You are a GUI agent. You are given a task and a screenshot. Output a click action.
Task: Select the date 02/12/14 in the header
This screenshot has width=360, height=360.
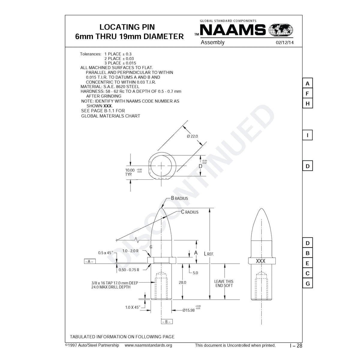click(284, 43)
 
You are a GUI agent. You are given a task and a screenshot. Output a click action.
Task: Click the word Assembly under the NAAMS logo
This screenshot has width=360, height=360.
click(212, 42)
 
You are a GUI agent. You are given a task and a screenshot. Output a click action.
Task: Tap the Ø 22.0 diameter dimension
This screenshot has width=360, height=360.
click(192, 136)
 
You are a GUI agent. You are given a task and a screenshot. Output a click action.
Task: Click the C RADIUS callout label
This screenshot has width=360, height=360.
click(190, 212)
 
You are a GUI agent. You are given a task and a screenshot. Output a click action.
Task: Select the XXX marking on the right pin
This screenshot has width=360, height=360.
click(261, 261)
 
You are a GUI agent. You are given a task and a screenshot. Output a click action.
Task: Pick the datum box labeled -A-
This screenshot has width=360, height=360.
click(90, 261)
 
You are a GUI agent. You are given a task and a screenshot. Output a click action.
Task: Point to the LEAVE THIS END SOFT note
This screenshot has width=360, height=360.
click(224, 283)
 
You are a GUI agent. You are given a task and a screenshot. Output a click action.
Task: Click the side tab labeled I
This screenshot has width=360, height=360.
click(307, 135)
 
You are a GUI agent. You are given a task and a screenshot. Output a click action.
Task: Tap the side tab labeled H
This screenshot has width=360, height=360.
click(307, 104)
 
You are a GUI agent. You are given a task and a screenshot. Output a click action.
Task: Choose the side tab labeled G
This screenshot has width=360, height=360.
click(307, 283)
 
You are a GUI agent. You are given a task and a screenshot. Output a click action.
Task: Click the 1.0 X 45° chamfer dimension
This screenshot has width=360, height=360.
click(132, 307)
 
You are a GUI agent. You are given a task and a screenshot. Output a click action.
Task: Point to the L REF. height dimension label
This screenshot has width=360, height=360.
click(209, 254)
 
